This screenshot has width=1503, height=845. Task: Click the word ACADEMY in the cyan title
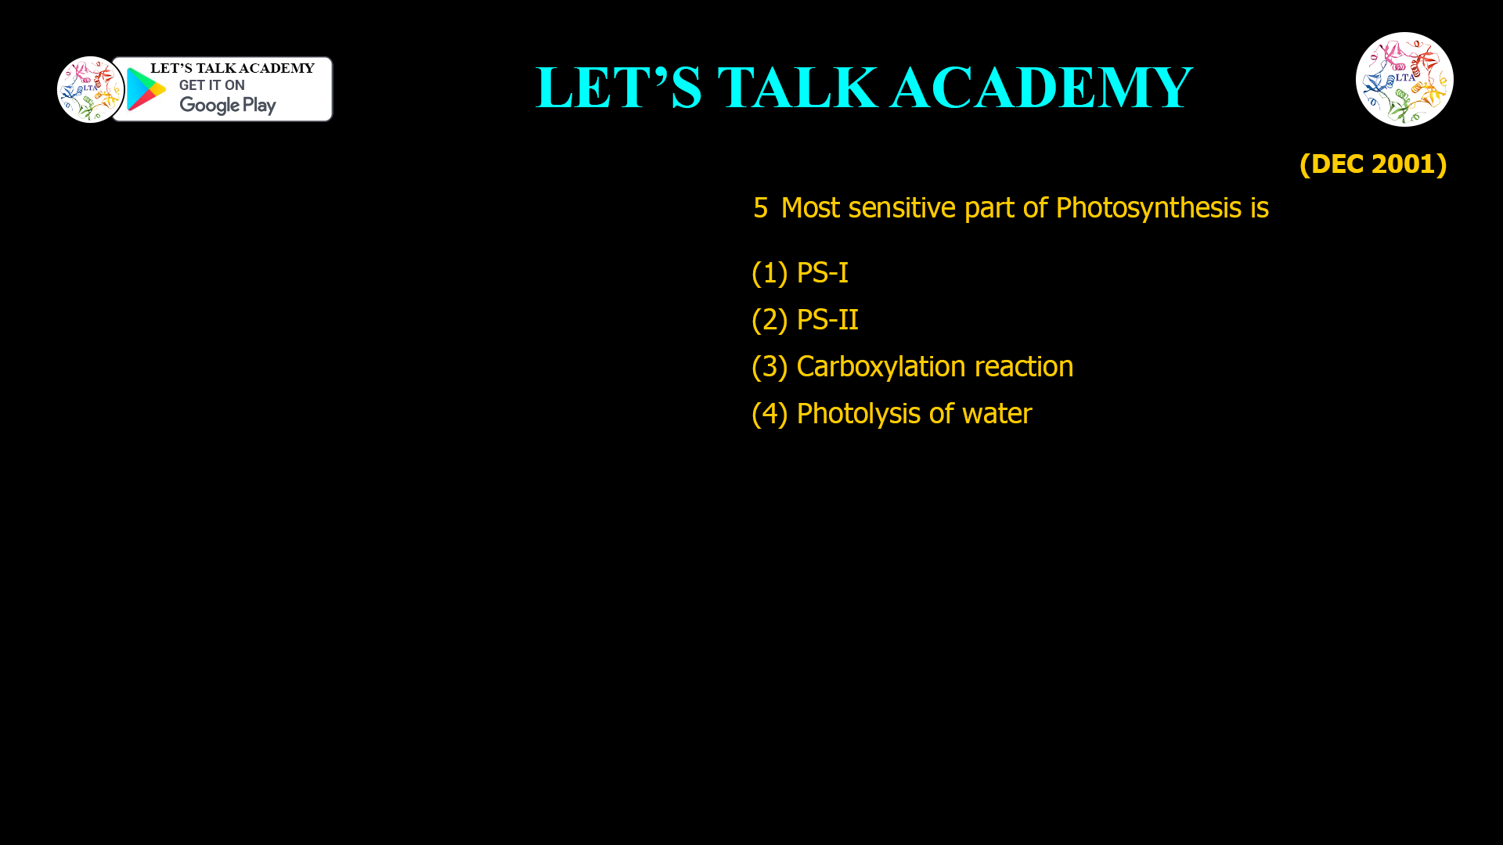point(1041,88)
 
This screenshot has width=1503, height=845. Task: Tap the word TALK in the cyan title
point(798,88)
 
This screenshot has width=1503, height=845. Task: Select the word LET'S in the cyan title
point(618,88)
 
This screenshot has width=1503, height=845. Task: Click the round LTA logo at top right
point(1404,79)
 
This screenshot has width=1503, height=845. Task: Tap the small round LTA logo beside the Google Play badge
point(90,89)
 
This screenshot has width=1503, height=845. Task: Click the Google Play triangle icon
point(146,89)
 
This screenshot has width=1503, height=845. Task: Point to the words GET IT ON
point(211,85)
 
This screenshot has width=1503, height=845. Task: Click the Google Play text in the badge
point(227,105)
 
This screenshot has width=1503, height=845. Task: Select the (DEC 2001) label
point(1373,164)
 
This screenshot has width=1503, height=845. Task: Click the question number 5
point(760,208)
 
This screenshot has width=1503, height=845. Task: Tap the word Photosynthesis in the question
point(1148,208)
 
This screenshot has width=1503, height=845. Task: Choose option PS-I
point(822,273)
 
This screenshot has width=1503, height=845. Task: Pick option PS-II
point(827,320)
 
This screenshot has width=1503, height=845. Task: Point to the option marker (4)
point(769,414)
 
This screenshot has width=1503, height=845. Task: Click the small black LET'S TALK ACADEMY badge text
point(232,68)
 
